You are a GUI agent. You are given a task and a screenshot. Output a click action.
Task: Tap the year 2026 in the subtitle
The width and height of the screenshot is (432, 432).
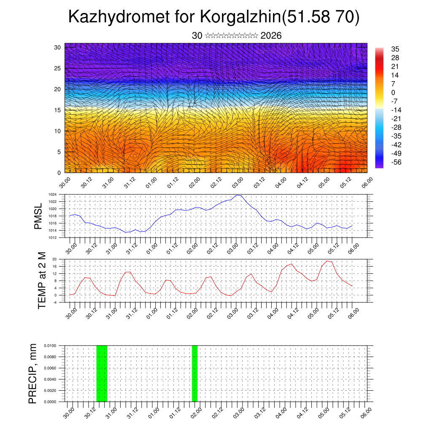(x=271, y=36)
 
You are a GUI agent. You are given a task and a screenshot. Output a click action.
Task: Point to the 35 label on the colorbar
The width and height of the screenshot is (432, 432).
(x=395, y=49)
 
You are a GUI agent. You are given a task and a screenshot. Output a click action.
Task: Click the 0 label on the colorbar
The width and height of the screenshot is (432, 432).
(x=393, y=92)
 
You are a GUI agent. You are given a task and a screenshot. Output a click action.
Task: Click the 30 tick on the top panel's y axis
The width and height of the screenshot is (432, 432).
(x=57, y=47)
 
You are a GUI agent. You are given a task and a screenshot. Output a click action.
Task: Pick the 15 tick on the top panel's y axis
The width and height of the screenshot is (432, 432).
(x=57, y=110)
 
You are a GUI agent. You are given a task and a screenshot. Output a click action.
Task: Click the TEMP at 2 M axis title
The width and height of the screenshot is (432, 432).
(x=42, y=280)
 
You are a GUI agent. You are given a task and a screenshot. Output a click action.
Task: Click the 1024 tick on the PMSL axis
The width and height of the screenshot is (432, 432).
(x=52, y=194)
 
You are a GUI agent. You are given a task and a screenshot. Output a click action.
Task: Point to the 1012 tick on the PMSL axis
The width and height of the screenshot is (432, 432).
(x=52, y=238)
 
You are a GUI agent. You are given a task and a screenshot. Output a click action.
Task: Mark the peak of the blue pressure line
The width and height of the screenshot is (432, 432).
(x=238, y=195)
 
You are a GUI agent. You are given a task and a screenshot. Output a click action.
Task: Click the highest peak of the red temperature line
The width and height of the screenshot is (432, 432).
(x=327, y=261)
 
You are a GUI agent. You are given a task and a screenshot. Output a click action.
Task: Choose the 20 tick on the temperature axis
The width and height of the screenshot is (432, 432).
(x=54, y=259)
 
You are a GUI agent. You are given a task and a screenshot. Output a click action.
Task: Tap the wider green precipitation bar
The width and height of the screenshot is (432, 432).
(x=102, y=373)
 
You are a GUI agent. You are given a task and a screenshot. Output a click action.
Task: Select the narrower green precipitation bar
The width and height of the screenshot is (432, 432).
(x=194, y=373)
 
